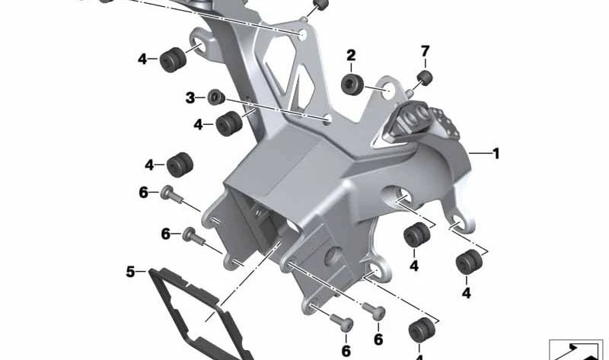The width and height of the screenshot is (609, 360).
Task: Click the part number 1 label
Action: pos(496,154)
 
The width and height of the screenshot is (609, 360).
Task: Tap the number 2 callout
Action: pos(351,55)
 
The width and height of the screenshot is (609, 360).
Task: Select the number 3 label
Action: pos(190,97)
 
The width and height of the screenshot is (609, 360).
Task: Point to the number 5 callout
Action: pos(130,270)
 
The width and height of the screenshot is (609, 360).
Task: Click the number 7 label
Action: pos(426,51)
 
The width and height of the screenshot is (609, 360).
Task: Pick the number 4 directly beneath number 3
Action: pos(198,123)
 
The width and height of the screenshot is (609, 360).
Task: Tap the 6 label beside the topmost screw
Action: pos(143,193)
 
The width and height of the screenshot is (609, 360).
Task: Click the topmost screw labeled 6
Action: pos(172,196)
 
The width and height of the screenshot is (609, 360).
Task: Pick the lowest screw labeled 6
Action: pos(343,322)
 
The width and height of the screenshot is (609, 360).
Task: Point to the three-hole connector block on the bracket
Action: pos(417,121)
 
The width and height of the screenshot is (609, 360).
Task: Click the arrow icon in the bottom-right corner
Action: pos(576,349)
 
